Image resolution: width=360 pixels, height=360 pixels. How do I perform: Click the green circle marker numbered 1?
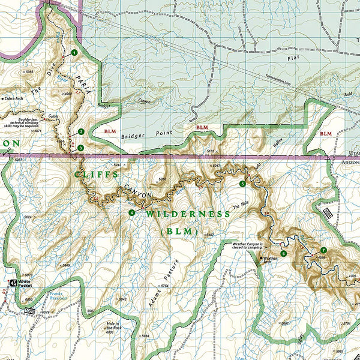tap(74, 53)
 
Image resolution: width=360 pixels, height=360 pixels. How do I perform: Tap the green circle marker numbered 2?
tap(81, 132)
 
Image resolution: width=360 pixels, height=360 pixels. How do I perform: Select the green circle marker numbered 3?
tap(80, 148)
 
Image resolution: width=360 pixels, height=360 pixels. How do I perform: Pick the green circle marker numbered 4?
tap(131, 212)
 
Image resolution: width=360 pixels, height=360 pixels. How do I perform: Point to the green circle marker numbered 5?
tap(242, 184)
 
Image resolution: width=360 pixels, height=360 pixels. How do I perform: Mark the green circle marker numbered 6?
tap(283, 253)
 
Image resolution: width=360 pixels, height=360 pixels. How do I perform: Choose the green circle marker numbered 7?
tap(323, 250)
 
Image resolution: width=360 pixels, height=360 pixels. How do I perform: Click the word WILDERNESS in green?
tap(187, 214)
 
